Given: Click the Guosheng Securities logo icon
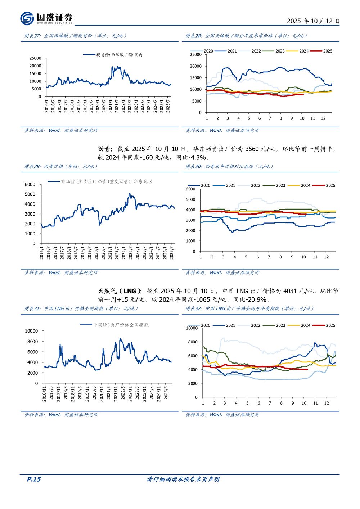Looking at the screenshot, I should pyautogui.click(x=27, y=18).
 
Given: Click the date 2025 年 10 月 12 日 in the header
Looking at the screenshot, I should pyautogui.click(x=313, y=21).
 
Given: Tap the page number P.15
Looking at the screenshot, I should pyautogui.click(x=34, y=479).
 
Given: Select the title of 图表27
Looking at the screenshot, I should pyautogui.click(x=75, y=36).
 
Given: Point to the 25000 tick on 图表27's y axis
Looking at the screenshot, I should pyautogui.click(x=35, y=58).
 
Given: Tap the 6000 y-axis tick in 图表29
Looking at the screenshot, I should pyautogui.click(x=30, y=184).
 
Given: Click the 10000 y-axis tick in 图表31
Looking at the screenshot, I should pyautogui.click(x=31, y=331).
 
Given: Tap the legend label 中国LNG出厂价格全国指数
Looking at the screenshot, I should pyautogui.click(x=121, y=325).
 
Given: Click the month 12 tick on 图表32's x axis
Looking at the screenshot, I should pyautogui.click(x=326, y=403).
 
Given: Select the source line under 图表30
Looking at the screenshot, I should pyautogui.click(x=222, y=272).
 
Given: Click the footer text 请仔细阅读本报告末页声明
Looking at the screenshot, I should pyautogui.click(x=183, y=479).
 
